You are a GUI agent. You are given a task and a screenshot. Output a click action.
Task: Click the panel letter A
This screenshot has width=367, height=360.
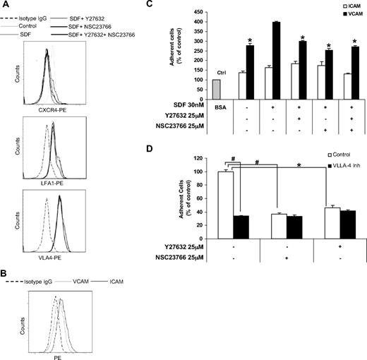pyautogui.click(x=5, y=6)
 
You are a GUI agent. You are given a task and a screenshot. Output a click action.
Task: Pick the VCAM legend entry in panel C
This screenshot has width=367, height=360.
pyautogui.click(x=347, y=14)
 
